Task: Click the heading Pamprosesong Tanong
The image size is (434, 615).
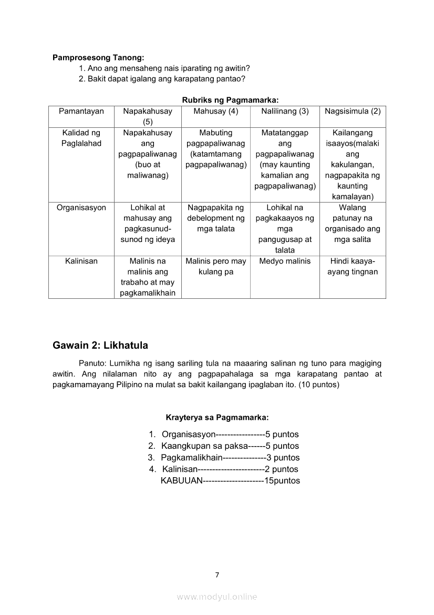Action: [98, 58]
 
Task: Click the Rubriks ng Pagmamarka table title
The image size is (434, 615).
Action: [230, 99]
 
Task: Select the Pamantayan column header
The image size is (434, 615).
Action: [81, 112]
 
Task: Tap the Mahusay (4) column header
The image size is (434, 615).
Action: [216, 112]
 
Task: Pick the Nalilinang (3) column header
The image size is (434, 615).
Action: [285, 112]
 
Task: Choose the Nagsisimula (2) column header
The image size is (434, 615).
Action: [353, 112]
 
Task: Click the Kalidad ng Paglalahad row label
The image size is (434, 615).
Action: [81, 138]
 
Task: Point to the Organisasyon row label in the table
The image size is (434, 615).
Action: [81, 208]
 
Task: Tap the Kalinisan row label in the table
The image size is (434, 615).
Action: [81, 261]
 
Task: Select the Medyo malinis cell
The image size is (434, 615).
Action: [285, 261]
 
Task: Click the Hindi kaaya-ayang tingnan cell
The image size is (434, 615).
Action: [353, 267]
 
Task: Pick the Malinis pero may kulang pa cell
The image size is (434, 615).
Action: [216, 267]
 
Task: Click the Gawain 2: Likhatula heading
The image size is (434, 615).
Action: [100, 346]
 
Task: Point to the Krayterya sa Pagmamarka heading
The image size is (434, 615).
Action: [217, 417]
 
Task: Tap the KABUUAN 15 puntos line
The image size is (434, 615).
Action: [230, 481]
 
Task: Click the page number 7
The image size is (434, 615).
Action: [217, 574]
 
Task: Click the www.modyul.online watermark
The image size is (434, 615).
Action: [217, 597]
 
